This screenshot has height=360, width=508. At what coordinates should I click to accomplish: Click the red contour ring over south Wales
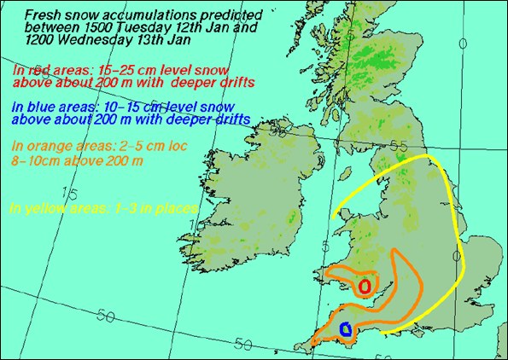point(365,287)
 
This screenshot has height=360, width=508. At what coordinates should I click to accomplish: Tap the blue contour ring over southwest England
point(346,328)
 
